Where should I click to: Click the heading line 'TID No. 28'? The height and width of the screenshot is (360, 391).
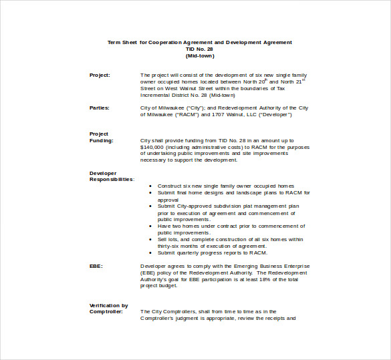click(199, 49)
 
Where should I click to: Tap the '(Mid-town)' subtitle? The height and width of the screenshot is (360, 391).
click(199, 55)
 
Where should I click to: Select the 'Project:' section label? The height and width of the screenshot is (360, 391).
click(100, 75)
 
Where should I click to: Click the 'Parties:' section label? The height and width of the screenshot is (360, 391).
click(100, 108)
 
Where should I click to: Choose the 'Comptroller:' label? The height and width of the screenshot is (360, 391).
click(106, 312)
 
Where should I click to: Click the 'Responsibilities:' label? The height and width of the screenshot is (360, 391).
click(112, 180)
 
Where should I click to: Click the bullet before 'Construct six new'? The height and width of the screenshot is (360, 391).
click(150, 186)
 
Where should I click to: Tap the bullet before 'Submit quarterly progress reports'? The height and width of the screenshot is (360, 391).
click(150, 252)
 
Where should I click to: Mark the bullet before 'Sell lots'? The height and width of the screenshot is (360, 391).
click(150, 239)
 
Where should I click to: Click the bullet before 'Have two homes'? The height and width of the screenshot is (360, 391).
click(150, 226)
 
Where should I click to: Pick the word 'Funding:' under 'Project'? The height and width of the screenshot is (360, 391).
click(101, 140)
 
